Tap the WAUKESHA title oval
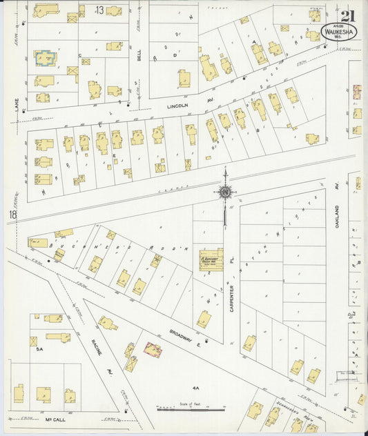pos(335,31)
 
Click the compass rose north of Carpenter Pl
pos(225,192)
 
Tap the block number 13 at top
pos(101,10)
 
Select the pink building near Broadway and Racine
pos(153,349)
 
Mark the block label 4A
pos(196,388)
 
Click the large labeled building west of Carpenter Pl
pos(211,259)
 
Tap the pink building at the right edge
pos(357,90)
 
